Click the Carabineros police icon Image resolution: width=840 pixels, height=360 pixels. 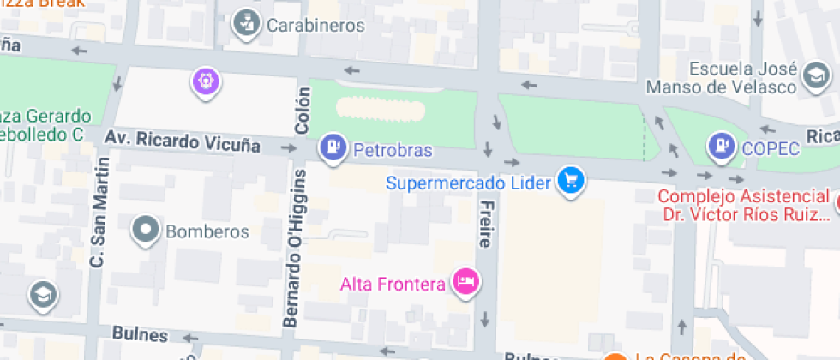tap(246, 24)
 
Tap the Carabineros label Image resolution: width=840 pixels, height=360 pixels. tap(315, 25)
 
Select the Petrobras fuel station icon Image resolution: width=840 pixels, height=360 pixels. tap(332, 147)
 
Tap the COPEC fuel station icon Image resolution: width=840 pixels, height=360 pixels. tap(723, 147)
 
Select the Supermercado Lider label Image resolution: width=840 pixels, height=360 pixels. tap(471, 182)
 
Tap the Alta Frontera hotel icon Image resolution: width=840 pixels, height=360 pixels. tap(465, 281)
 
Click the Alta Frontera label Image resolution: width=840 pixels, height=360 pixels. tap(393, 284)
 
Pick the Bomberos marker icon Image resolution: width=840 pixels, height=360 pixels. tap(145, 230)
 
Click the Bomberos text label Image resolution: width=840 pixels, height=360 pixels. tap(207, 231)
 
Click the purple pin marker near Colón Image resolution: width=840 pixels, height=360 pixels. tap(207, 82)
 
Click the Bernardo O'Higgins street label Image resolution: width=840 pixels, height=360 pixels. tap(295, 247)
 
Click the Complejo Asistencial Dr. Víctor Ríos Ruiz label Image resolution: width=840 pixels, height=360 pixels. tap(744, 205)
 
